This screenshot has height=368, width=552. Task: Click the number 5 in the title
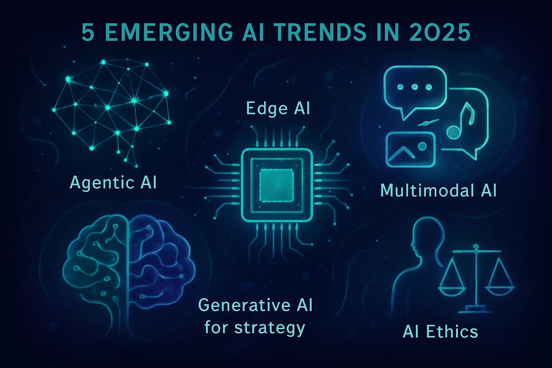click(x=88, y=33)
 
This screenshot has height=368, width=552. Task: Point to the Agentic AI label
click(x=113, y=183)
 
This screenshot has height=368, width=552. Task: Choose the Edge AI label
click(x=278, y=109)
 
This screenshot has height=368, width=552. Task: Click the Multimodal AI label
click(x=438, y=190)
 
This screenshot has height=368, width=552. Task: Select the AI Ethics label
click(x=440, y=331)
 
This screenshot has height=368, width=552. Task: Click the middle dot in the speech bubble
click(x=415, y=87)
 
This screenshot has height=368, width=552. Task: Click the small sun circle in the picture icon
click(x=422, y=146)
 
